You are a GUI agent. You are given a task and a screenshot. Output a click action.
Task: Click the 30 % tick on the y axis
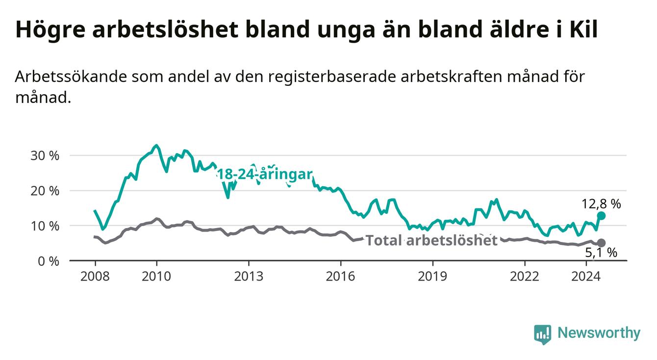(x=45, y=156)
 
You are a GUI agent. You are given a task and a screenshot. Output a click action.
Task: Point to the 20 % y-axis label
(x=45, y=191)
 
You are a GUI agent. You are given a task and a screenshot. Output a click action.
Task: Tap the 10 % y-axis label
(x=45, y=226)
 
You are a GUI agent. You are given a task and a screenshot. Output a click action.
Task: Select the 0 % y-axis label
(x=49, y=261)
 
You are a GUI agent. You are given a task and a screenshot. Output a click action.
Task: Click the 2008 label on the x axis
(x=95, y=277)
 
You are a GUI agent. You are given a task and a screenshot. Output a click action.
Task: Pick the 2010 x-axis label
(x=156, y=277)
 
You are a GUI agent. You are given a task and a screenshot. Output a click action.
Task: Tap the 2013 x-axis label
(x=249, y=277)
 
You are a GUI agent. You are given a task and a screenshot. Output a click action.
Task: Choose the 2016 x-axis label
(x=341, y=277)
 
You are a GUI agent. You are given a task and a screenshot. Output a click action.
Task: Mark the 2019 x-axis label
(x=432, y=277)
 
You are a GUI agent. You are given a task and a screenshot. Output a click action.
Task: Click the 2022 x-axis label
(x=525, y=277)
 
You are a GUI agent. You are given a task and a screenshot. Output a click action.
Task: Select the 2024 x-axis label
(x=586, y=277)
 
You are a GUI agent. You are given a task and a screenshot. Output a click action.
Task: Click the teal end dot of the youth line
(x=601, y=216)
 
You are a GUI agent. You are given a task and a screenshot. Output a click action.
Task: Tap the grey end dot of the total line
(x=601, y=243)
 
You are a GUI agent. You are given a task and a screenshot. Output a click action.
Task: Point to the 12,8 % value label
(x=601, y=204)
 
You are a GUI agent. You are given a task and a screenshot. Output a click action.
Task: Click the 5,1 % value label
(x=601, y=253)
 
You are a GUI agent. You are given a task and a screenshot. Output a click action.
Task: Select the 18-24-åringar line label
(x=265, y=174)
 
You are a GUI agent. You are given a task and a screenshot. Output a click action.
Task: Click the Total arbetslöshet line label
(x=432, y=240)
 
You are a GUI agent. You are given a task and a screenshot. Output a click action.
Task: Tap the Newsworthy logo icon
(x=543, y=334)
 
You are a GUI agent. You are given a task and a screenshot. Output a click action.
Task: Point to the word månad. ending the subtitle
(x=44, y=98)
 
